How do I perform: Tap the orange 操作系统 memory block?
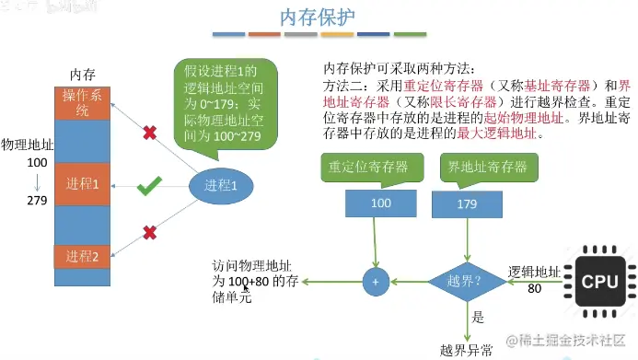coord(82,103)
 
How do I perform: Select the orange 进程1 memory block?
coord(82,184)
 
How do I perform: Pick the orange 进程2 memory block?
coord(82,255)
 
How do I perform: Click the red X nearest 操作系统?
coord(148,134)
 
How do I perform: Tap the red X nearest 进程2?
coord(149,230)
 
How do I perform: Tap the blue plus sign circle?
coord(376,282)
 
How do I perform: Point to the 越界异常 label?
coord(466,349)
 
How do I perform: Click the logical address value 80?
coord(534,288)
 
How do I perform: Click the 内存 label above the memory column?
coord(83,74)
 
